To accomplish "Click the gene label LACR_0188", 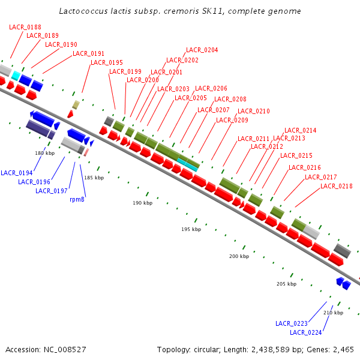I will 25,27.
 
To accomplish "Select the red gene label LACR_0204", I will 202,50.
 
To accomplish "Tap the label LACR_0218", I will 337,186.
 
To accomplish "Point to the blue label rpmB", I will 77,199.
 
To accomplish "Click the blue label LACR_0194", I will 17,173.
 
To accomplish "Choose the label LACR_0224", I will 306,332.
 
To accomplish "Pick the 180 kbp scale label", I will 44,153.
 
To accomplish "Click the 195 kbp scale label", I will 191,230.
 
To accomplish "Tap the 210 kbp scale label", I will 333,313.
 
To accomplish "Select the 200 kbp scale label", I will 239,256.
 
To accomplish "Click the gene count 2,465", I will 343,349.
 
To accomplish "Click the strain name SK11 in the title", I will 212,11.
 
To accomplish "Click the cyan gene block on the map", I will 188,162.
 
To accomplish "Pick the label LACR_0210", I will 254,111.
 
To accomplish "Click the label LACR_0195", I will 107,62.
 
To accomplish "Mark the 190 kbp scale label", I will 142,203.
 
